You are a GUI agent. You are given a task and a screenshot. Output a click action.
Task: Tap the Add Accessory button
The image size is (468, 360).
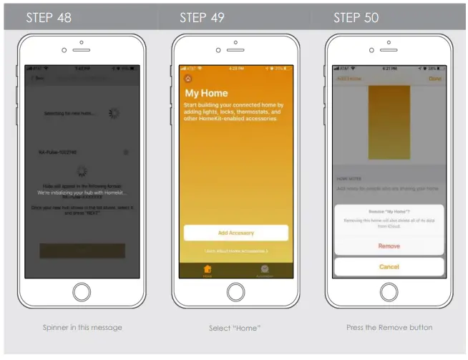pos(235,233)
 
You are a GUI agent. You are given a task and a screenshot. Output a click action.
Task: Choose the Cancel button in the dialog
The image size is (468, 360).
pos(389,267)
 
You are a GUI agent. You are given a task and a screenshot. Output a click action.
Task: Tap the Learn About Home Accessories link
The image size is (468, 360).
pos(235,250)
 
